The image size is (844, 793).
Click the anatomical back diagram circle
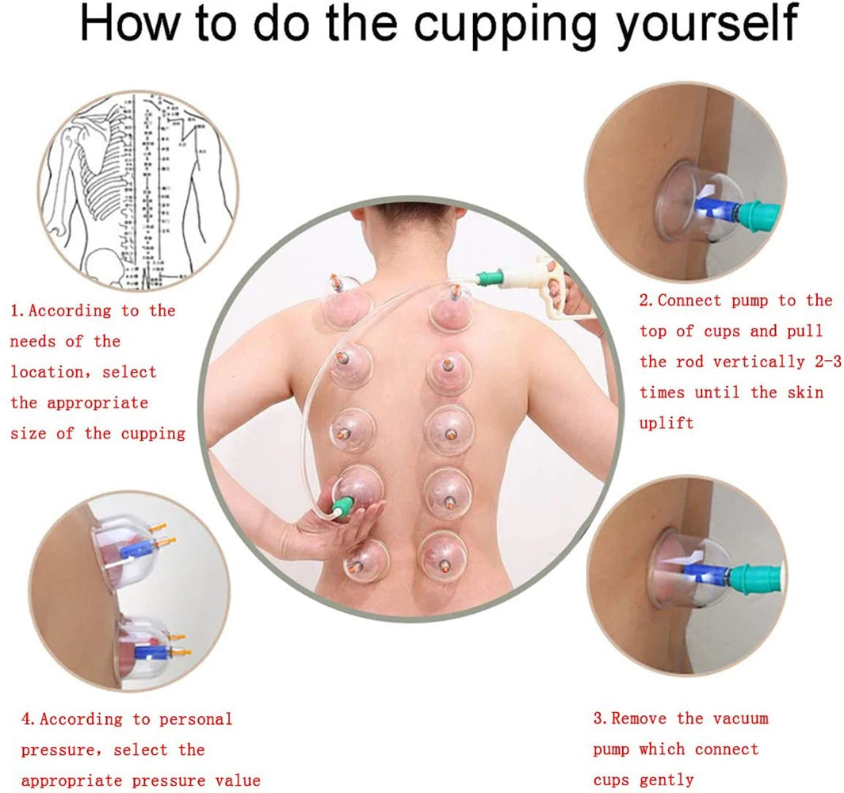click(139, 190)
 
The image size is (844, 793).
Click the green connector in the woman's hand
click(343, 508)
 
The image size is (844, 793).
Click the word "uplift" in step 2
click(666, 423)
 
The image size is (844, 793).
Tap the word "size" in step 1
click(29, 433)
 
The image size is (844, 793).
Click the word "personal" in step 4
click(196, 719)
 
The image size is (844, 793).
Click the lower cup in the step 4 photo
click(147, 646)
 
